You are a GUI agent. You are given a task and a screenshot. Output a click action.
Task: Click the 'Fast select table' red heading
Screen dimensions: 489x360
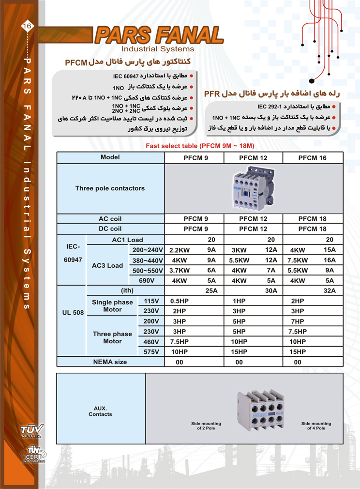pyautogui.click(x=200, y=146)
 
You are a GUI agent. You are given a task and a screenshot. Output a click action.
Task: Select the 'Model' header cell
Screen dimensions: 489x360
pyautogui.click(x=110, y=158)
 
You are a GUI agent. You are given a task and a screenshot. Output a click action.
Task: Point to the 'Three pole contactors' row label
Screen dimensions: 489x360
pyautogui.click(x=110, y=188)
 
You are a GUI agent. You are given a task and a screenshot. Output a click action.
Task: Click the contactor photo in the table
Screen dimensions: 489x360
pyautogui.click(x=254, y=188)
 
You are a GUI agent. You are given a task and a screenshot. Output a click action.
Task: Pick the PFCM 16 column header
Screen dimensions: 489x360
pyautogui.click(x=312, y=158)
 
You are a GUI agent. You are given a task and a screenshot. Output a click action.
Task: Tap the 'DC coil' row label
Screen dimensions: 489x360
pyautogui.click(x=110, y=229)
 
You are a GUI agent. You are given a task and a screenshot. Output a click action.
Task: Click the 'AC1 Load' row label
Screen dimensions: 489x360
pyautogui.click(x=125, y=240)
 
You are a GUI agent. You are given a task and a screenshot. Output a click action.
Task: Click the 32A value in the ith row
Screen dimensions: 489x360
pyautogui.click(x=329, y=290)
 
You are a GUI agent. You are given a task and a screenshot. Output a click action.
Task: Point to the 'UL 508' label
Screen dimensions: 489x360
pyautogui.click(x=72, y=312)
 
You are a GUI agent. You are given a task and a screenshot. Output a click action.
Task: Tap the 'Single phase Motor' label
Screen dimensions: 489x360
pyautogui.click(x=112, y=306)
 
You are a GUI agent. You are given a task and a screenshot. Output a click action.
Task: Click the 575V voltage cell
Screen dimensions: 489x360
pyautogui.click(x=151, y=352)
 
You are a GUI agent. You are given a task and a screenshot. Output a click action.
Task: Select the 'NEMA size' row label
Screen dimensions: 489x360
pyautogui.click(x=110, y=362)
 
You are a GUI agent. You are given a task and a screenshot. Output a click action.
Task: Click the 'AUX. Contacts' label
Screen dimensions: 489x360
pyautogui.click(x=100, y=411)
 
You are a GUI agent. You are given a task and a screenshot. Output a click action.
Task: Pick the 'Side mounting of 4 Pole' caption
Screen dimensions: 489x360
pyautogui.click(x=316, y=426)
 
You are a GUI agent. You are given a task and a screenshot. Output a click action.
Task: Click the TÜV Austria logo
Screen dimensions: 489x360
pyautogui.click(x=32, y=430)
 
